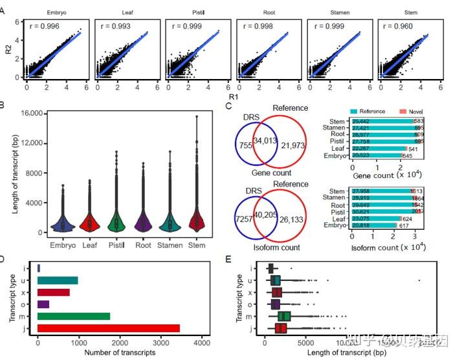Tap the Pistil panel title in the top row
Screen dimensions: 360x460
pyautogui.click(x=197, y=12)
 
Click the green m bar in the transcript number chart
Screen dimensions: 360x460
pyautogui.click(x=74, y=316)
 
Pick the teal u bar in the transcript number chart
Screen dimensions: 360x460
pyautogui.click(x=58, y=280)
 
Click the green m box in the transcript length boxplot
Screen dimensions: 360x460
pyautogui.click(x=284, y=316)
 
